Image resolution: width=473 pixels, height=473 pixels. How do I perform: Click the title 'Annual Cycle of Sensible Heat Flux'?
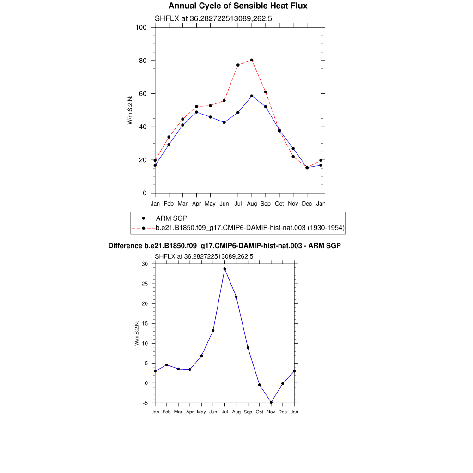coord(237,6)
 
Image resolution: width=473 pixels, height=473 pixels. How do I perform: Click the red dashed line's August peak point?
coord(252,60)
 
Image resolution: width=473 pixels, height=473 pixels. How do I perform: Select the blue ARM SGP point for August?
coord(252,96)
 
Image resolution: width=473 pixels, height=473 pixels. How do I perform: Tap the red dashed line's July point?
coord(238,65)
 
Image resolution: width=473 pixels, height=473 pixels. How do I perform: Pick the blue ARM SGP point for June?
coord(224,122)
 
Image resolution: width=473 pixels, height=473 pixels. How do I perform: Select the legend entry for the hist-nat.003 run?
coord(250,228)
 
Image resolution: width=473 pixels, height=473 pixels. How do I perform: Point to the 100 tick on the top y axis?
coord(141,27)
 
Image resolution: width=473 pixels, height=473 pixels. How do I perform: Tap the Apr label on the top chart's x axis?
coord(196,204)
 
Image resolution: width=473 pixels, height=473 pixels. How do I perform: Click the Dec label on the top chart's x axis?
coord(307,204)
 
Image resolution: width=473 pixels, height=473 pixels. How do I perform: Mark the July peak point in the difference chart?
coord(225,269)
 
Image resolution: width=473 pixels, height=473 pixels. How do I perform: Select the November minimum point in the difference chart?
coord(271,402)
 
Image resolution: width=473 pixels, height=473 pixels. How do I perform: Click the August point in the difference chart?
coord(236,297)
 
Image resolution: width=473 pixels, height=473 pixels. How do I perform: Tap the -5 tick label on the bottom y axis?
coord(146,403)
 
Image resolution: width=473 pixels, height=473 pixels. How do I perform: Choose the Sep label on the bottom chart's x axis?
coord(248,412)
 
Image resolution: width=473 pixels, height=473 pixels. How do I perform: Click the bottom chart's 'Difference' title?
coord(224,246)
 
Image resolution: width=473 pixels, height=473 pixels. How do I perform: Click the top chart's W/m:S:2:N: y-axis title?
coord(131,110)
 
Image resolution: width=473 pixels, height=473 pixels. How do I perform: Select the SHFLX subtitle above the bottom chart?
coord(204,256)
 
